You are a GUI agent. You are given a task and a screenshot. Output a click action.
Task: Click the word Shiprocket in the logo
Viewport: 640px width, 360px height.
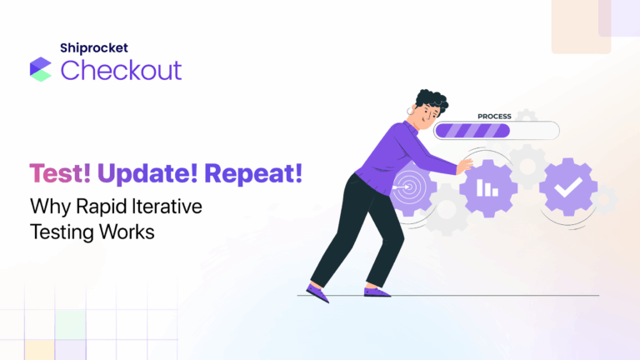click(93, 48)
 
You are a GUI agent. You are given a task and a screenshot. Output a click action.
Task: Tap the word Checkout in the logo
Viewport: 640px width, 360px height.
click(121, 70)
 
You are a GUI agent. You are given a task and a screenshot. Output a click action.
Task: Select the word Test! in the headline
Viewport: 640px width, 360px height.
click(61, 175)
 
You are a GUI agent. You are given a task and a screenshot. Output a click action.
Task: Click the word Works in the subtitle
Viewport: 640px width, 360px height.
click(127, 232)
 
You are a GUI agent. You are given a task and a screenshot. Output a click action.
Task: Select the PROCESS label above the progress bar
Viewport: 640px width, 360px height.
click(493, 117)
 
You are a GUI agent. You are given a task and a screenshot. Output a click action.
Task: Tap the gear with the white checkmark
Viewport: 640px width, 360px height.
click(567, 187)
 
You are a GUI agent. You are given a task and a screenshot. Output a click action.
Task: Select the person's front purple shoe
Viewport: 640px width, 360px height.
click(377, 292)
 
